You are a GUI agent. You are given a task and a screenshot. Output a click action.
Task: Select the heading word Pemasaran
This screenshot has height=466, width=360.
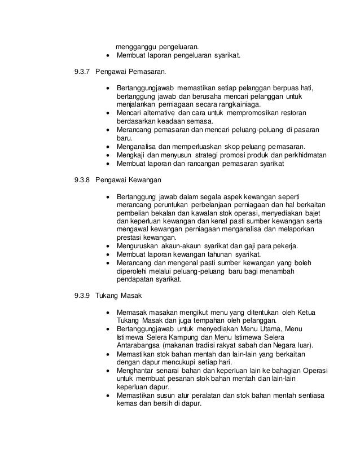tap(149, 72)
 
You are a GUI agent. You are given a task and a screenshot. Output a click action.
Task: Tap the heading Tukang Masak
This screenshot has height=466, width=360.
tap(119, 295)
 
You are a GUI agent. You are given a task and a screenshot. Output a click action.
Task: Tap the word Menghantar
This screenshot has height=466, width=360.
tap(137, 370)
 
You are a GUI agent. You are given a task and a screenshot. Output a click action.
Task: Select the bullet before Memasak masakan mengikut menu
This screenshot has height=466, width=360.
tap(107, 312)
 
